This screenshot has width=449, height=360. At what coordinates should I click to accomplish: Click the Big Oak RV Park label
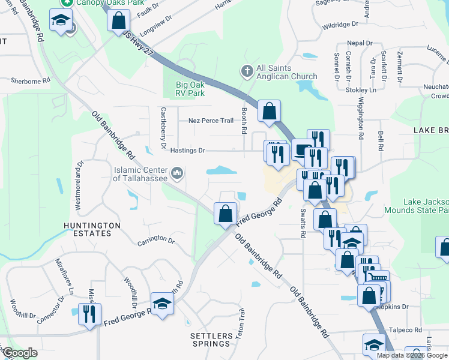coord(190,89)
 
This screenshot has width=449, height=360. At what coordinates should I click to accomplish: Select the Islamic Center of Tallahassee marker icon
coord(176,174)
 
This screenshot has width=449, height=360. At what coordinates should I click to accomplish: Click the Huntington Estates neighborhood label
coord(92,230)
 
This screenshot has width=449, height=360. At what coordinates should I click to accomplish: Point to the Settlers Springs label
coord(210,339)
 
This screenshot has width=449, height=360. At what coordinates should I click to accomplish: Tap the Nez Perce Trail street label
coord(211,121)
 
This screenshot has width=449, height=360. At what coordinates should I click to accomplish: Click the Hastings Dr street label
coord(187,151)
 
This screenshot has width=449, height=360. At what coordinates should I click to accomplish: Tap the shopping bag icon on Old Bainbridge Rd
coord(225,214)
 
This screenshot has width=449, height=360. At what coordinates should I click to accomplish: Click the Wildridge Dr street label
coord(340,25)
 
